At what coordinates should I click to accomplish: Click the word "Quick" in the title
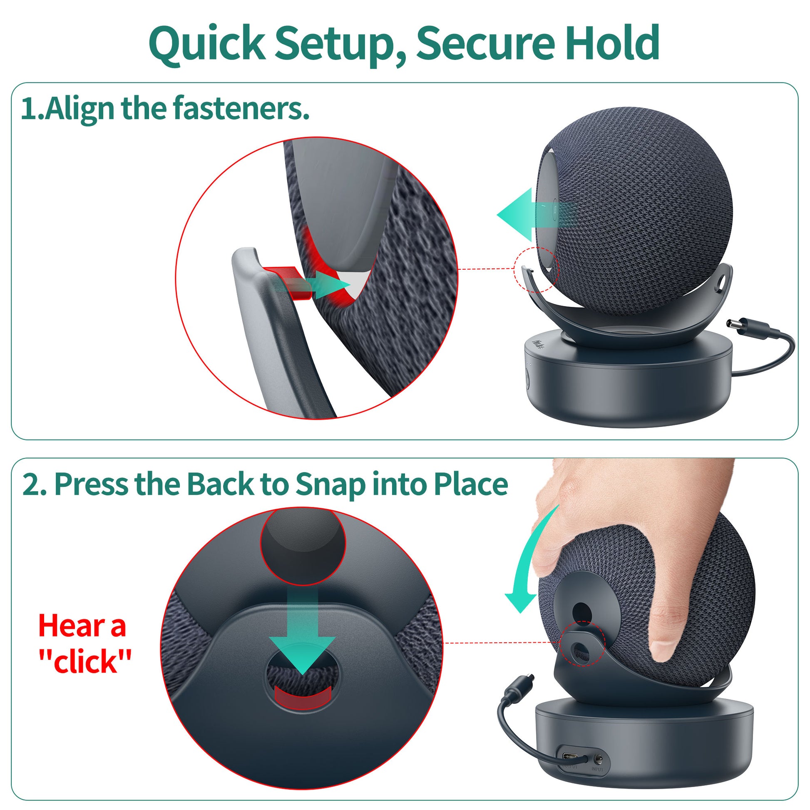[207, 44]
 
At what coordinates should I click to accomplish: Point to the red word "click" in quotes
[85, 661]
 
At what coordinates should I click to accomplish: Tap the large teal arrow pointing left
[537, 214]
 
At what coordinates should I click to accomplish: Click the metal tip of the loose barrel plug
[732, 324]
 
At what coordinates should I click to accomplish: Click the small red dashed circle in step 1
[536, 270]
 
